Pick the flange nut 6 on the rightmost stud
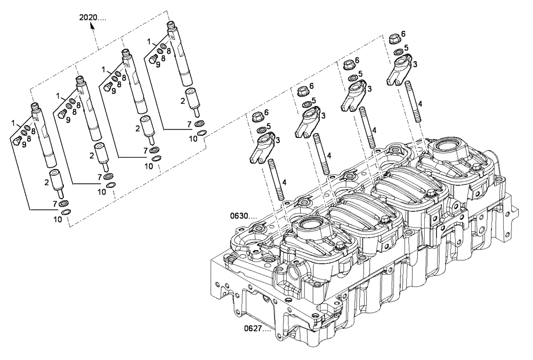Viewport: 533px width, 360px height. [x=395, y=38]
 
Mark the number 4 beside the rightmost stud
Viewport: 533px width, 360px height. [x=421, y=104]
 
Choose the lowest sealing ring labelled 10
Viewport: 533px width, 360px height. [x=65, y=212]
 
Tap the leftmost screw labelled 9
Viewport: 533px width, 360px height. [x=17, y=141]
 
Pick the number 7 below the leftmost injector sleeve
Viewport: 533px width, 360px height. [x=55, y=203]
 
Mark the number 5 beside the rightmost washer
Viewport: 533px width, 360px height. [x=406, y=48]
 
